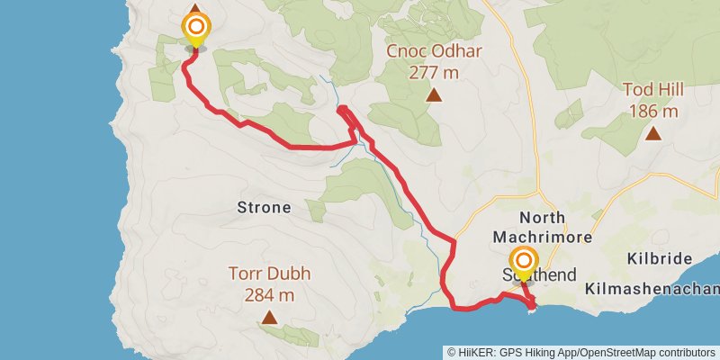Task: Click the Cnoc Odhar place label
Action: [x=434, y=51]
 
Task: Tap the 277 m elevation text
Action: [x=434, y=72]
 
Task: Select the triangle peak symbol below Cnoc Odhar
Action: [x=435, y=94]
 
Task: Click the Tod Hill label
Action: [x=652, y=90]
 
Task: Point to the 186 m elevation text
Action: [x=652, y=111]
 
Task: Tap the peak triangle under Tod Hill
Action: [x=652, y=133]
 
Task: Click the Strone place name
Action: [x=264, y=208]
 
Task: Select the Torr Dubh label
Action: [x=269, y=274]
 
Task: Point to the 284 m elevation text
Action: [x=269, y=294]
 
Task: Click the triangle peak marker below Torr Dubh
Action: [x=269, y=317]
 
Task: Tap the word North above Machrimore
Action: [x=543, y=217]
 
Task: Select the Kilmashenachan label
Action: [x=652, y=289]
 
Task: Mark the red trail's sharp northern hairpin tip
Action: [x=341, y=109]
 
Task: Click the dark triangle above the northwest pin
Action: [x=195, y=7]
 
